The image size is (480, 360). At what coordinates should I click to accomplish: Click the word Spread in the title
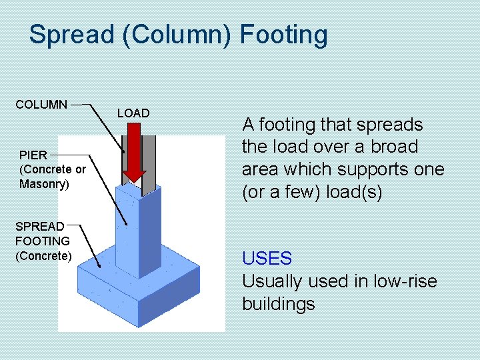coord(72,35)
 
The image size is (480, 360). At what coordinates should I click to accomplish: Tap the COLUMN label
coord(41,105)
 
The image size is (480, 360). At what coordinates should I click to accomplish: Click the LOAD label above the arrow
coord(133,113)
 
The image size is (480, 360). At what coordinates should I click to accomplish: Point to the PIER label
coord(33,155)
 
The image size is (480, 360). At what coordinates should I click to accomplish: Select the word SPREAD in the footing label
coord(40,227)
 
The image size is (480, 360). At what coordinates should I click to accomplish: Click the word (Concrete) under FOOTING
coord(43,256)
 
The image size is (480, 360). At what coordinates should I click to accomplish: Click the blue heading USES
coord(267,259)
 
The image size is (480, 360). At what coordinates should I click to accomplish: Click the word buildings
coord(278,304)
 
